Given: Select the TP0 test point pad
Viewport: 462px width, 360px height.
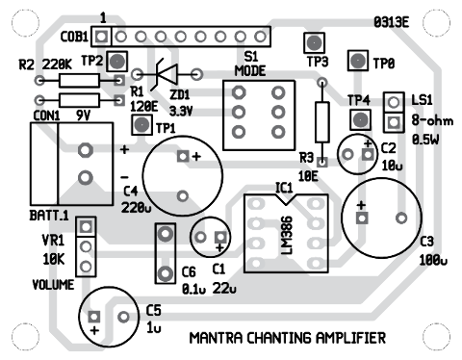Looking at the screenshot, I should pos(356,62).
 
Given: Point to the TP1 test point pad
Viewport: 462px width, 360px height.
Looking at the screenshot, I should pos(142,125).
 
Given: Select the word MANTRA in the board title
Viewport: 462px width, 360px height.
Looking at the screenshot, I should pos(217,338).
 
